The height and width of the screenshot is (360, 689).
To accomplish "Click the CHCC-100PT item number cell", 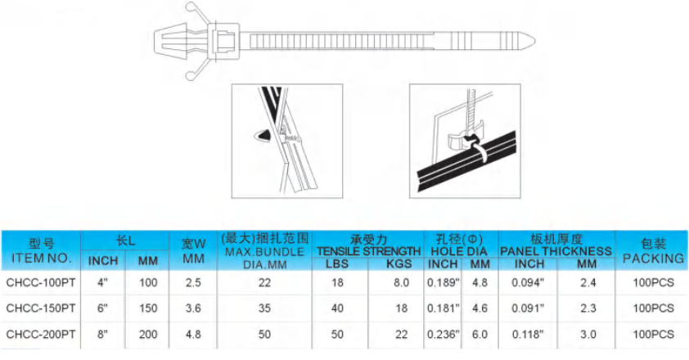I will (x=41, y=282).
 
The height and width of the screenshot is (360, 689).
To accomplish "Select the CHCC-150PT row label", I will (x=41, y=308).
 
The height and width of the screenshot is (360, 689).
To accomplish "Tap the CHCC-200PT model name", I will (x=41, y=334).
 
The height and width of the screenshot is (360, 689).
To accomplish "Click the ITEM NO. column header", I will (x=41, y=258).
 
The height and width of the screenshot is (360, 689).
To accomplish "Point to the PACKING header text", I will (x=653, y=258).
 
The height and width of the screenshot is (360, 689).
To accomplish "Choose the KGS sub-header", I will (x=397, y=263).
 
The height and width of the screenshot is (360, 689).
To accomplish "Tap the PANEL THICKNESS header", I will (x=556, y=250).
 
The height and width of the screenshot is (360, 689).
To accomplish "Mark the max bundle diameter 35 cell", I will (x=263, y=308).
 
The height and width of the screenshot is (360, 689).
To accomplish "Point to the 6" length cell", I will (x=102, y=308).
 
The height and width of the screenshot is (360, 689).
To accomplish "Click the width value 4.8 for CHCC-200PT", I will (x=193, y=334).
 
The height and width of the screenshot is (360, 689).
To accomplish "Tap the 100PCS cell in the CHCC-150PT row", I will (x=653, y=308).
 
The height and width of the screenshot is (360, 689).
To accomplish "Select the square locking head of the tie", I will (x=223, y=39).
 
